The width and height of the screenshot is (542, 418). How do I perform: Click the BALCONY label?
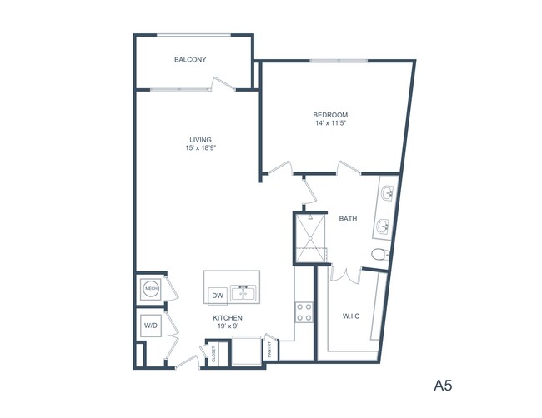pos(190,60)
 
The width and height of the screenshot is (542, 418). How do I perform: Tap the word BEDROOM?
pos(330,115)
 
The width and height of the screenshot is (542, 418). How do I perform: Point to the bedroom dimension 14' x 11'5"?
pos(330,124)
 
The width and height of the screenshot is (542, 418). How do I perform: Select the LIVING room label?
pos(200,139)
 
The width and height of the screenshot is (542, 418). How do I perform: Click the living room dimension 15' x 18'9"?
pos(200,148)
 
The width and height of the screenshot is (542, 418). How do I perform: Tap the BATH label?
pos(348,219)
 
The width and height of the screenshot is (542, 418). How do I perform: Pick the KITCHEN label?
pos(228,318)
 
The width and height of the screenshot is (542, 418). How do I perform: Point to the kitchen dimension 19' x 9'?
pos(228,327)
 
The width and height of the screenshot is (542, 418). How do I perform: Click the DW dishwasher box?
pos(217,295)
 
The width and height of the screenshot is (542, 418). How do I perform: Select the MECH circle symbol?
pos(151,289)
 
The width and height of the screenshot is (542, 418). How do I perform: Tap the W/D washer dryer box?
pos(150,324)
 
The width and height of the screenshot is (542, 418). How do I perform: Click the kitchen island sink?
pos(244,293)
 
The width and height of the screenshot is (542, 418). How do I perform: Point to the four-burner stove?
pos(304,312)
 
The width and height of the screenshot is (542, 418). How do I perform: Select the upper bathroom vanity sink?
pos(389,195)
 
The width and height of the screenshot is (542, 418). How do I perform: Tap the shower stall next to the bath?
pos(310,237)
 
